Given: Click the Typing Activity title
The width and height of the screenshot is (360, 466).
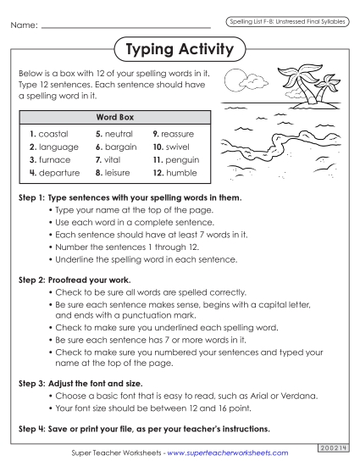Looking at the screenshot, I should click(179, 50).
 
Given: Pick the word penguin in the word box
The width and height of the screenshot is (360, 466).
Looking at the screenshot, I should click(180, 159).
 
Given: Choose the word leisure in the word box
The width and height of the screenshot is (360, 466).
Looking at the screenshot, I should click(118, 172).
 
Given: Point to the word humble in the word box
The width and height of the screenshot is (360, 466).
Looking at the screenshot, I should click(179, 172).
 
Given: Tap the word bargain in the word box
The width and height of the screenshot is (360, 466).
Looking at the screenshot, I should click(119, 147).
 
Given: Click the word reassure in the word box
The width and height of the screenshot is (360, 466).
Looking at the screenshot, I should click(179, 134).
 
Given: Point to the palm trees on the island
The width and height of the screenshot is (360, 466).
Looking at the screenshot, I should click(292, 80).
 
